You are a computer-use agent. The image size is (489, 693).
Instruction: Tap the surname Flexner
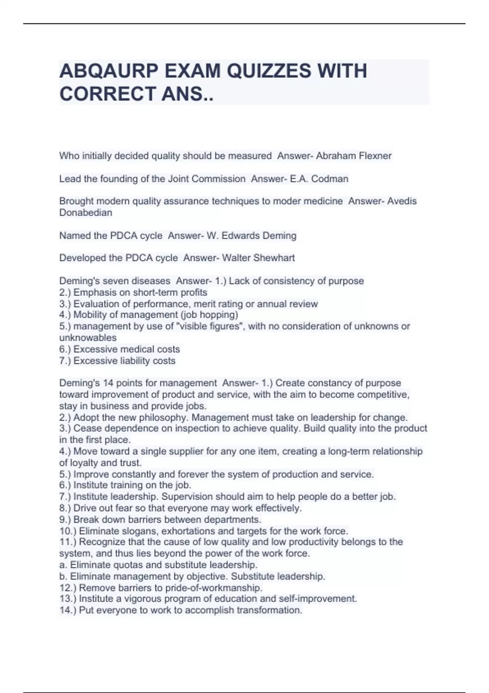pos(375,156)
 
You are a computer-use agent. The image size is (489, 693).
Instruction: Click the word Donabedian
pos(86,212)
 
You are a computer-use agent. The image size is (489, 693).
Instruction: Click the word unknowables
pos(88,338)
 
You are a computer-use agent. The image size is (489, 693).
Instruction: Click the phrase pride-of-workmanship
pos(214,588)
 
